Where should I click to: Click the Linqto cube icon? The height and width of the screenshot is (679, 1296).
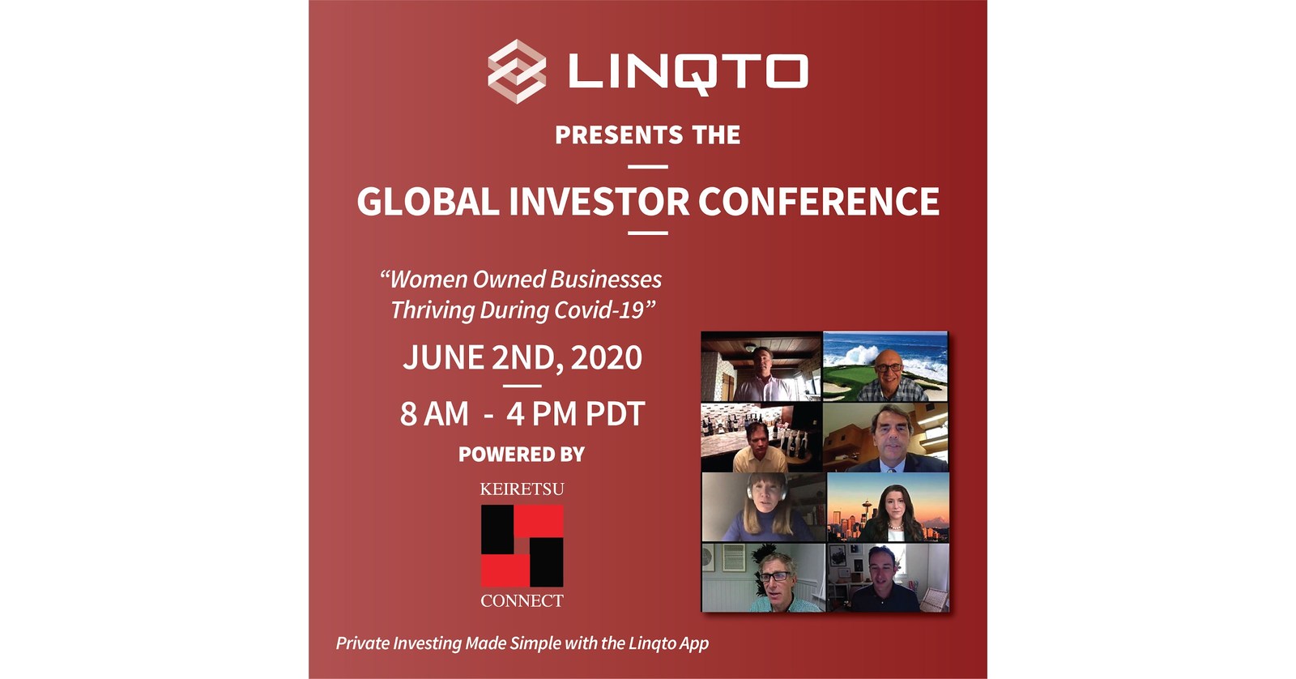point(517,71)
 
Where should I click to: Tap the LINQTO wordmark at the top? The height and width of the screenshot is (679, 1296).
point(687,71)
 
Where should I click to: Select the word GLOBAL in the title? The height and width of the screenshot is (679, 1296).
point(428,202)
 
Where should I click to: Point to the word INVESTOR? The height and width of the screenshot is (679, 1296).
point(599,202)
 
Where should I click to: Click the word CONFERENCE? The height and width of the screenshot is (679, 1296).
point(818,202)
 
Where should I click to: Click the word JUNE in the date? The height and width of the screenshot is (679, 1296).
point(443,358)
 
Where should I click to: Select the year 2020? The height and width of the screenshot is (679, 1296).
point(607,358)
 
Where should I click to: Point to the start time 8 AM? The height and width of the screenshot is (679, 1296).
point(434,415)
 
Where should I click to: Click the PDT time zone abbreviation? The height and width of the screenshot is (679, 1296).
point(615,415)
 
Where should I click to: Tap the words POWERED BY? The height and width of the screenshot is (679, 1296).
point(521,455)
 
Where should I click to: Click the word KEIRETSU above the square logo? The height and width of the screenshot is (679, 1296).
point(522,489)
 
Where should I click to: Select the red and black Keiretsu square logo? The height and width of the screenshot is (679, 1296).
point(522,545)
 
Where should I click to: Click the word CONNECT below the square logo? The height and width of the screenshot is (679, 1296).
point(522,600)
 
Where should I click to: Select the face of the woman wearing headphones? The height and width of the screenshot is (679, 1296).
point(763,496)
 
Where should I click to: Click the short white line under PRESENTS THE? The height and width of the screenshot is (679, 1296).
point(648,167)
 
